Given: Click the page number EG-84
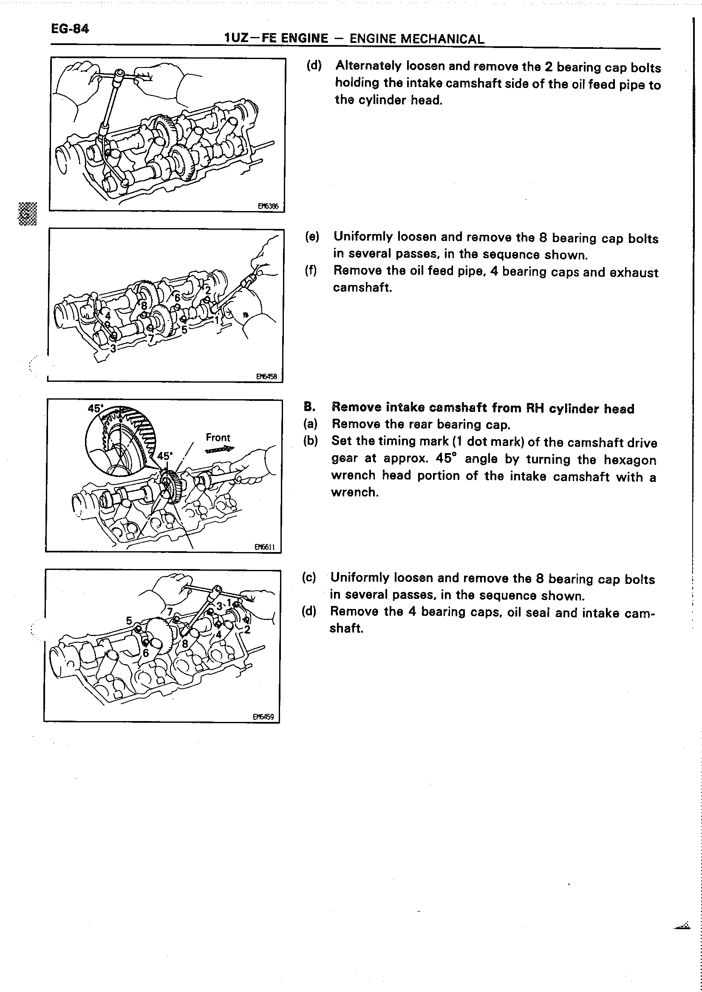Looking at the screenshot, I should pyautogui.click(x=70, y=29).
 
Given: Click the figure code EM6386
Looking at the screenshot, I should pyautogui.click(x=268, y=206).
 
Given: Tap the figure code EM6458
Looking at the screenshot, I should pyautogui.click(x=266, y=376).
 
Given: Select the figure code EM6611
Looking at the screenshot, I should pyautogui.click(x=265, y=547).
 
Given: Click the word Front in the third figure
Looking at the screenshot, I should pyautogui.click(x=218, y=437).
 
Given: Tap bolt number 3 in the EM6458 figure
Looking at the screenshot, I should pyautogui.click(x=113, y=348).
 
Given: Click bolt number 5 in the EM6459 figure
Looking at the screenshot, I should pyautogui.click(x=129, y=621).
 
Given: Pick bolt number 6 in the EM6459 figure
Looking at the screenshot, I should pyautogui.click(x=146, y=653).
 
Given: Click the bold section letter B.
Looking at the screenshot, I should pyautogui.click(x=308, y=407).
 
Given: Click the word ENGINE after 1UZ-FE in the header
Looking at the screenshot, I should pyautogui.click(x=304, y=39).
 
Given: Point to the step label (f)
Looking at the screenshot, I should pyautogui.click(x=311, y=271).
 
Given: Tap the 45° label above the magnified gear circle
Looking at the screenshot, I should pyautogui.click(x=96, y=408).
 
